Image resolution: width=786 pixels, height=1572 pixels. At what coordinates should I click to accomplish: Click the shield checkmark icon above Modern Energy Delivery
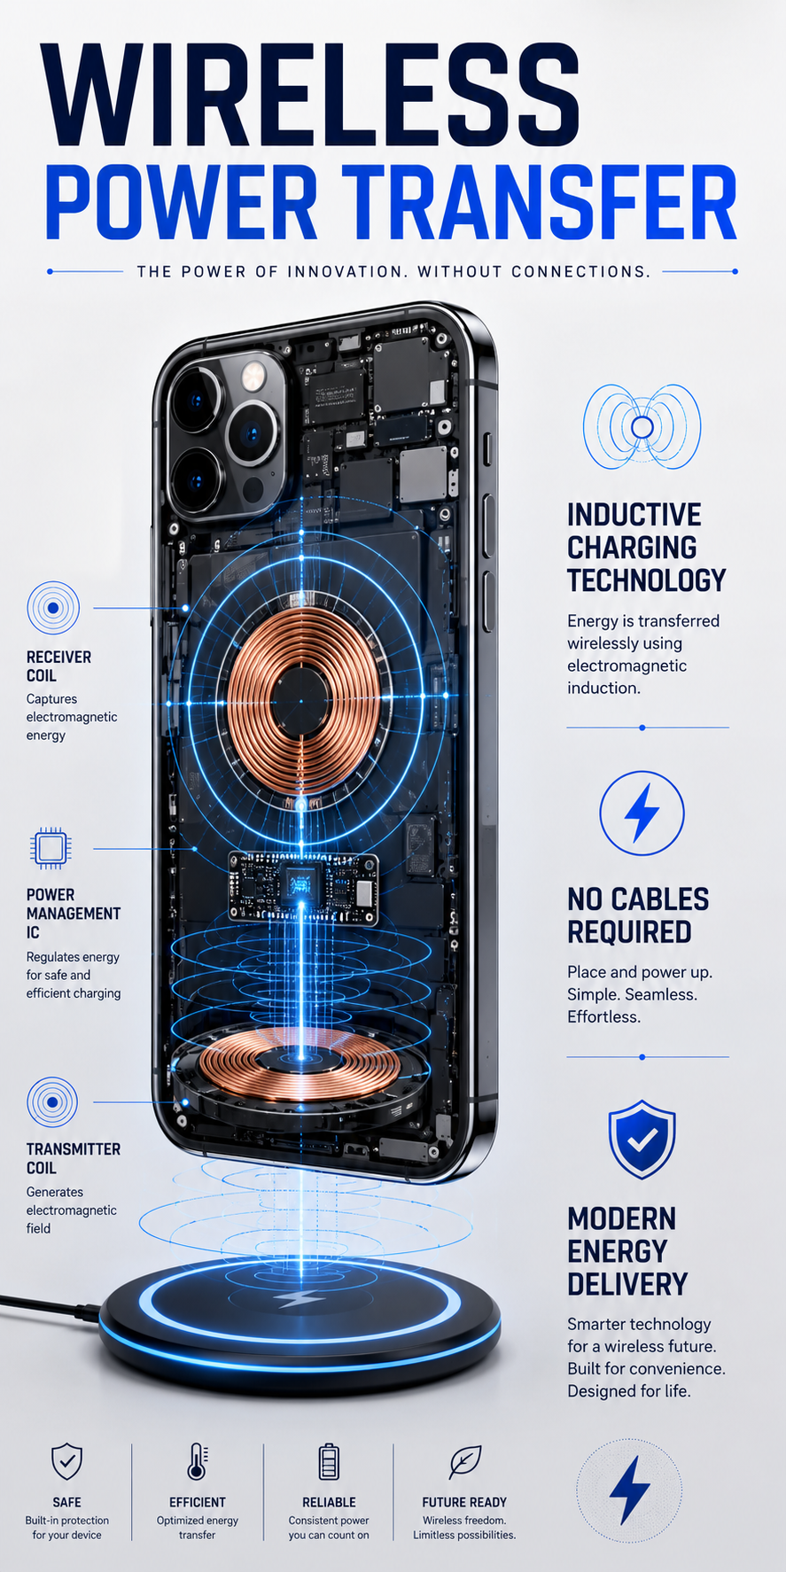tap(642, 1140)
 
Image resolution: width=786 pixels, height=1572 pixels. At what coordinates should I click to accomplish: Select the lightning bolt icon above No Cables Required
tap(642, 813)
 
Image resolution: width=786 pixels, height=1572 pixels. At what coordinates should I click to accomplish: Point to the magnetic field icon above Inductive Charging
tap(642, 427)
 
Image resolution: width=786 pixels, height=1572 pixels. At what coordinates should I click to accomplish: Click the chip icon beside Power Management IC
tap(51, 848)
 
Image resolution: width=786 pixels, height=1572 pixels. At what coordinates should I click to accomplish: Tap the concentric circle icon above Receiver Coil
tap(53, 608)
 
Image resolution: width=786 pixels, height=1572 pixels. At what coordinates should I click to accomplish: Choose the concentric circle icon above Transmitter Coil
tap(52, 1102)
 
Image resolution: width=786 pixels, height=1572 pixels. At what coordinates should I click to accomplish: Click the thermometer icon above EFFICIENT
tap(198, 1461)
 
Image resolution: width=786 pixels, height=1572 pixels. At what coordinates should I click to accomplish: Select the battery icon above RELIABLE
tap(329, 1461)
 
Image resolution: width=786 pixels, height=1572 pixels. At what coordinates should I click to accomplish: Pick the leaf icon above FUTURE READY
tap(464, 1462)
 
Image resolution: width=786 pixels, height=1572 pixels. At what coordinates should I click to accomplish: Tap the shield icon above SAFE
tap(66, 1461)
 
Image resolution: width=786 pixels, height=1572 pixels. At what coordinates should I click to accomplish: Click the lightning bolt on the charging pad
tap(292, 1299)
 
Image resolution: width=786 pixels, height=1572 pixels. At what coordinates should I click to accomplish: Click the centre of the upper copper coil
tap(301, 700)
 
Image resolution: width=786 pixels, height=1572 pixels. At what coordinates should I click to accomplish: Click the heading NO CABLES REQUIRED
tap(638, 915)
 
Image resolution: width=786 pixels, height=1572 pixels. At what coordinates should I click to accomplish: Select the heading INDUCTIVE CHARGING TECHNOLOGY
tap(647, 548)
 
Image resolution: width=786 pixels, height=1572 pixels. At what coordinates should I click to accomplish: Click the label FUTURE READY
tap(464, 1502)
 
